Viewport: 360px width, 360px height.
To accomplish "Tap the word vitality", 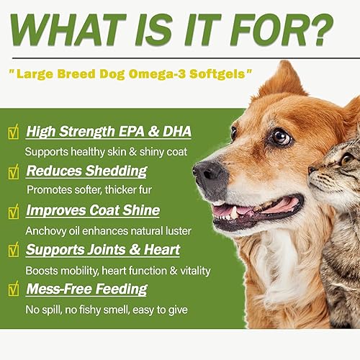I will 192,271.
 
